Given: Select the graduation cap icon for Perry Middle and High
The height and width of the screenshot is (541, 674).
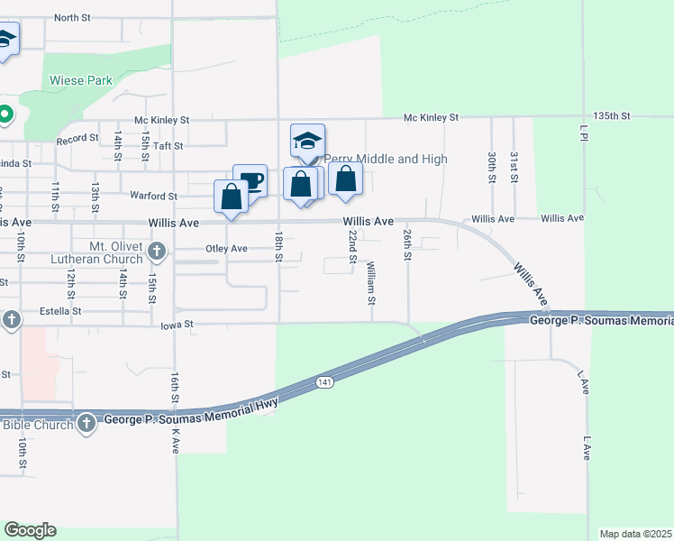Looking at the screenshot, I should pos(307,140).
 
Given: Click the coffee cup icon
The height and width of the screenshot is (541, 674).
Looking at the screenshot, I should pos(250,179).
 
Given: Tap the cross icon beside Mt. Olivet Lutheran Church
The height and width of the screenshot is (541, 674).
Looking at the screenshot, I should pos(157,250).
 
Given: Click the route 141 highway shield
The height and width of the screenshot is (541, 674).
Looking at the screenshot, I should pos(324,383).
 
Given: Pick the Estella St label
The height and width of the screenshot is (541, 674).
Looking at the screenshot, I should pos(58,311).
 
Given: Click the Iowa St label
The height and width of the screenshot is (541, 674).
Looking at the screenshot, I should pos(178,326).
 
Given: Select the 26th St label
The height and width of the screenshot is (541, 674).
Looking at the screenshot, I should pos(408,244).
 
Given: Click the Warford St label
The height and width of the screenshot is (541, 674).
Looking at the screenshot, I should pos(153,196).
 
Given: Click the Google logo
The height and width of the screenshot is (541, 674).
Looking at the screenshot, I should pos(30,530).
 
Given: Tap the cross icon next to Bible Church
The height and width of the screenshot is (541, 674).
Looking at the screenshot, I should pos(86,424).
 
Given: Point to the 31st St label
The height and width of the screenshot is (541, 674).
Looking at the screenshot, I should pos(514,166).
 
